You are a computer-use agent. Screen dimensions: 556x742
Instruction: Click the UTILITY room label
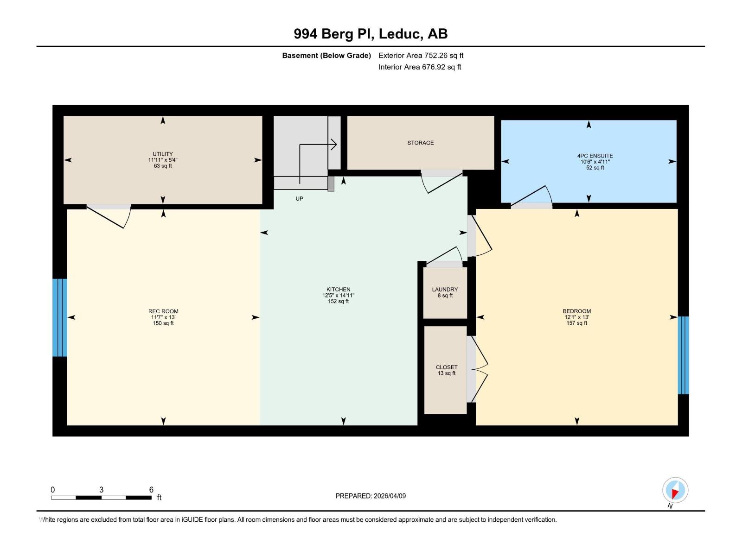pyautogui.click(x=162, y=154)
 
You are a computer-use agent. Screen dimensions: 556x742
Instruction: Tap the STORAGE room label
pyautogui.click(x=421, y=143)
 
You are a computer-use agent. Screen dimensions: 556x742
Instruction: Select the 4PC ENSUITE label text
pyautogui.click(x=595, y=156)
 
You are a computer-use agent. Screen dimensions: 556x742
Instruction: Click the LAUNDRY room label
pyautogui.click(x=445, y=290)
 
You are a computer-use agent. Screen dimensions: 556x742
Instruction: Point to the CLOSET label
pyautogui.click(x=446, y=367)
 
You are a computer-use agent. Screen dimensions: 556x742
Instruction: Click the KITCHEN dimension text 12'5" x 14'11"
pyautogui.click(x=338, y=296)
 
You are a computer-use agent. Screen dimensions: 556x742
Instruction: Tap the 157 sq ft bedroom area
pyautogui.click(x=576, y=323)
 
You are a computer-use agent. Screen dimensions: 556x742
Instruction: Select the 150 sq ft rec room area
pyautogui.click(x=163, y=323)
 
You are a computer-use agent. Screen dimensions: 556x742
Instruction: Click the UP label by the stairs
pyautogui.click(x=299, y=199)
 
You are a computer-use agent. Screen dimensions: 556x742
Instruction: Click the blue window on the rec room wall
pyautogui.click(x=60, y=317)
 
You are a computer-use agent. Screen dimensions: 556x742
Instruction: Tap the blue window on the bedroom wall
pyautogui.click(x=683, y=355)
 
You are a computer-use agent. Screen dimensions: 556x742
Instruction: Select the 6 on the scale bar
pyautogui.click(x=151, y=490)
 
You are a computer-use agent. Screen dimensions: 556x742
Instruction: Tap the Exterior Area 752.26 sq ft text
pyautogui.click(x=421, y=56)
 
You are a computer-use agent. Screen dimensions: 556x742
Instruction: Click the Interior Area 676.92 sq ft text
pyautogui.click(x=420, y=67)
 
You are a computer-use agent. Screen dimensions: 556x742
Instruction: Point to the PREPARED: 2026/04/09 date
pyautogui.click(x=371, y=496)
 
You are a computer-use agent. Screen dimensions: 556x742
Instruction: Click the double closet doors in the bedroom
pyautogui.click(x=480, y=369)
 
